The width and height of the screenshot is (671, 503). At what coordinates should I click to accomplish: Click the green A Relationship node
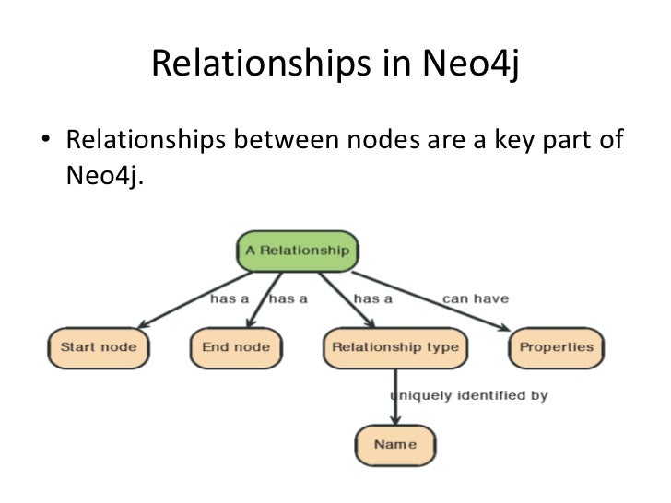297,250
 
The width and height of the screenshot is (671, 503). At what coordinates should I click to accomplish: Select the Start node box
99,347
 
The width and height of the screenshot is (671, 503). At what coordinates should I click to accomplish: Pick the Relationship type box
394,347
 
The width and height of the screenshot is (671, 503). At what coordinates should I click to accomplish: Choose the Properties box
557,347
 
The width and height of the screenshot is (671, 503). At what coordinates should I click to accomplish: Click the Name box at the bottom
394,445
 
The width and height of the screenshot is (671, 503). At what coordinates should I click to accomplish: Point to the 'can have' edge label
476,298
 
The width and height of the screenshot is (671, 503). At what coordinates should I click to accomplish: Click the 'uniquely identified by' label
469,395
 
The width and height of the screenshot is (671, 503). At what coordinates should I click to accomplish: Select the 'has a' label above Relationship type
373,298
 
